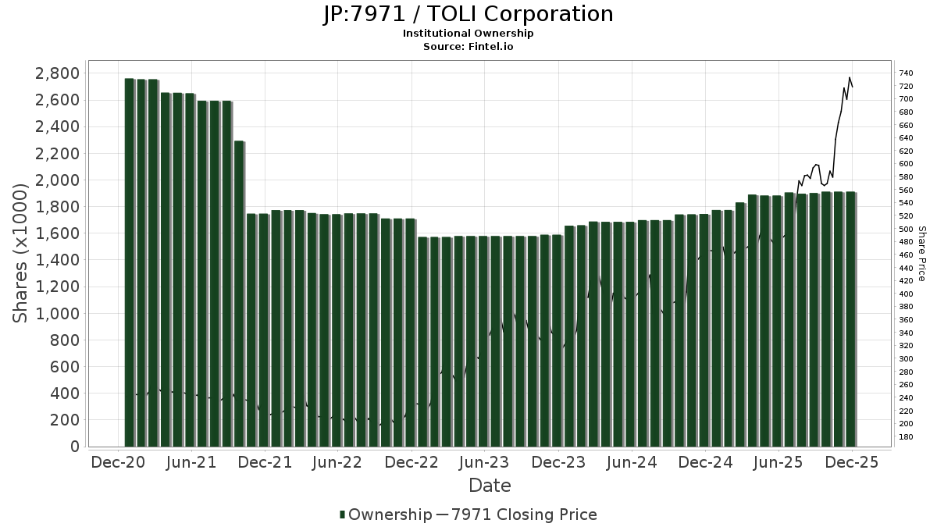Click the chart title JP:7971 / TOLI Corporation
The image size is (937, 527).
468,14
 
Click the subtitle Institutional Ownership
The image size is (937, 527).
468,34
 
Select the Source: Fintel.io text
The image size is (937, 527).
468,47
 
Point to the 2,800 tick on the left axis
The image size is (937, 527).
57,73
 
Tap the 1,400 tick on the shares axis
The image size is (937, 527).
57,260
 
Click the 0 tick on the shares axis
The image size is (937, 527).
74,447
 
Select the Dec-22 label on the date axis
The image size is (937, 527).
411,462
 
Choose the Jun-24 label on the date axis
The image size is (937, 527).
632,462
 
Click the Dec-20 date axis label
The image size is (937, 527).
118,462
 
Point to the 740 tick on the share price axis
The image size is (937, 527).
907,73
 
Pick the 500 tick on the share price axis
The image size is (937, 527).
907,229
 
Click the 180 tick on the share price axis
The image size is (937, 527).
907,436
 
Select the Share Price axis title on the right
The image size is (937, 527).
921,254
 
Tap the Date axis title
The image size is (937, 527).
490,486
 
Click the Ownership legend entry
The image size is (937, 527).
387,515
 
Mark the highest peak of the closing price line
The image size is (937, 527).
850,77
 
